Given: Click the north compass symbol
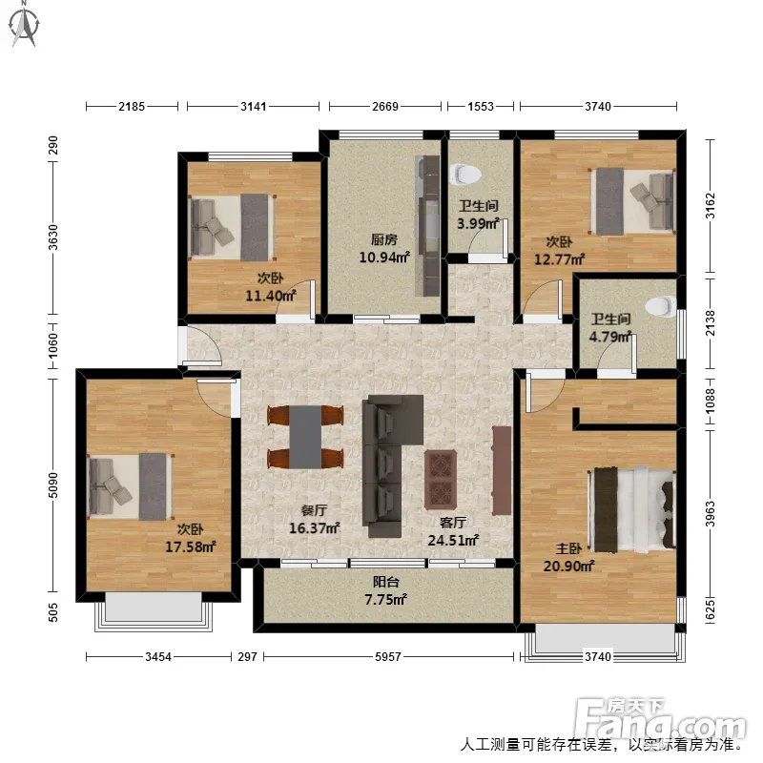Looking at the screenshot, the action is click(x=25, y=26).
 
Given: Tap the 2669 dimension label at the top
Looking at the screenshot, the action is click(x=385, y=106).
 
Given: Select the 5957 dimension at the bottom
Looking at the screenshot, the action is click(x=388, y=657).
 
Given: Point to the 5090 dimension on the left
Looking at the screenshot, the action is click(x=53, y=485).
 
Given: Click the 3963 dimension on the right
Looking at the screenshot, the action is click(x=711, y=514).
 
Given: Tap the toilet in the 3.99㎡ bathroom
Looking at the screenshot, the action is click(x=465, y=175).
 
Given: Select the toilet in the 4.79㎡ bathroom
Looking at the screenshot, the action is click(x=661, y=306).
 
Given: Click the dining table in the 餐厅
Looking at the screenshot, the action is click(x=305, y=437).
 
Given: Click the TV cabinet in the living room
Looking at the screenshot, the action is click(x=502, y=470).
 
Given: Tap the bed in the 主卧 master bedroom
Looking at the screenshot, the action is click(x=631, y=509).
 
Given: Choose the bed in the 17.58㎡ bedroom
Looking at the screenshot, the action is click(x=130, y=487).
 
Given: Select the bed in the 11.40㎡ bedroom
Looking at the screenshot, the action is click(x=232, y=227).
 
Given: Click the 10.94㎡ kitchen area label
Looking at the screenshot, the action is click(x=384, y=257).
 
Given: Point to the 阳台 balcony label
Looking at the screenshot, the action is click(x=386, y=582).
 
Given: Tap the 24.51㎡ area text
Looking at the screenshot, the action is click(x=453, y=540).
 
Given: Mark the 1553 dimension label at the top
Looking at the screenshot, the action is click(x=481, y=106).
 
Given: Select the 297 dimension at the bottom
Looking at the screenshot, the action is click(x=247, y=657).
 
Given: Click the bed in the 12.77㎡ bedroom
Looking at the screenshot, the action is click(x=632, y=201).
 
